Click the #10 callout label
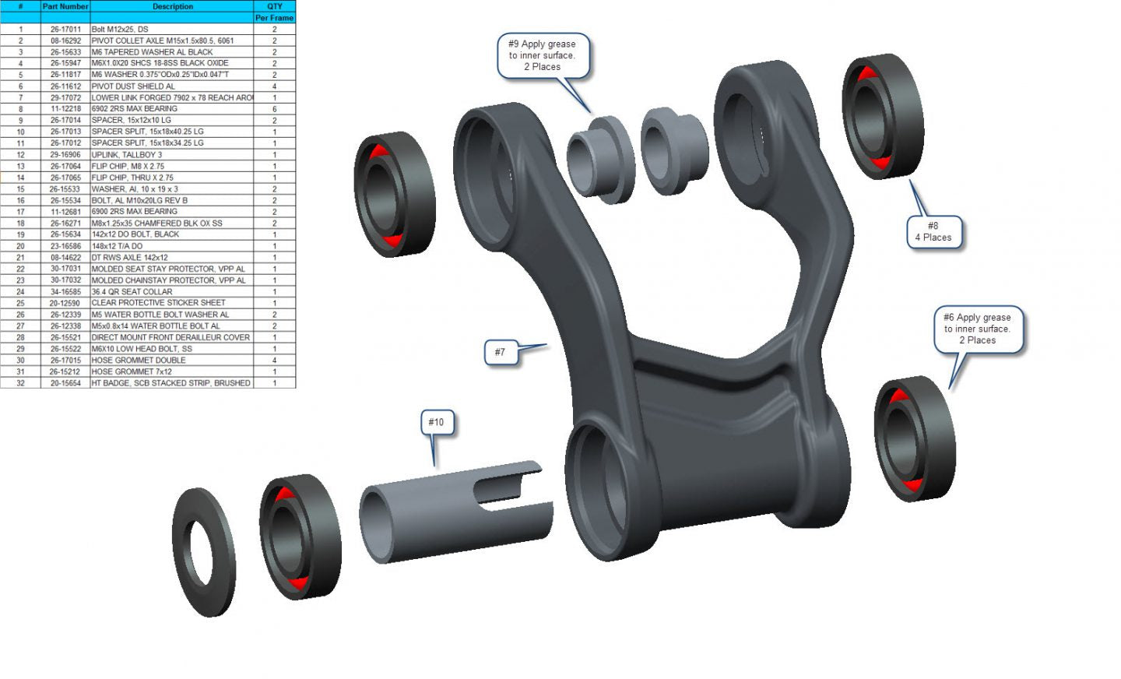click(x=437, y=422)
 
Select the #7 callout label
click(x=501, y=352)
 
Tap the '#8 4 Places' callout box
click(x=934, y=232)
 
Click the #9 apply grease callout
click(x=543, y=55)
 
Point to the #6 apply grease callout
click(x=978, y=329)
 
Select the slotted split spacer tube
click(x=455, y=512)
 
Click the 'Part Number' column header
click(x=65, y=6)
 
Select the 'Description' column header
click(x=173, y=6)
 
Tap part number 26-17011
click(x=65, y=30)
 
